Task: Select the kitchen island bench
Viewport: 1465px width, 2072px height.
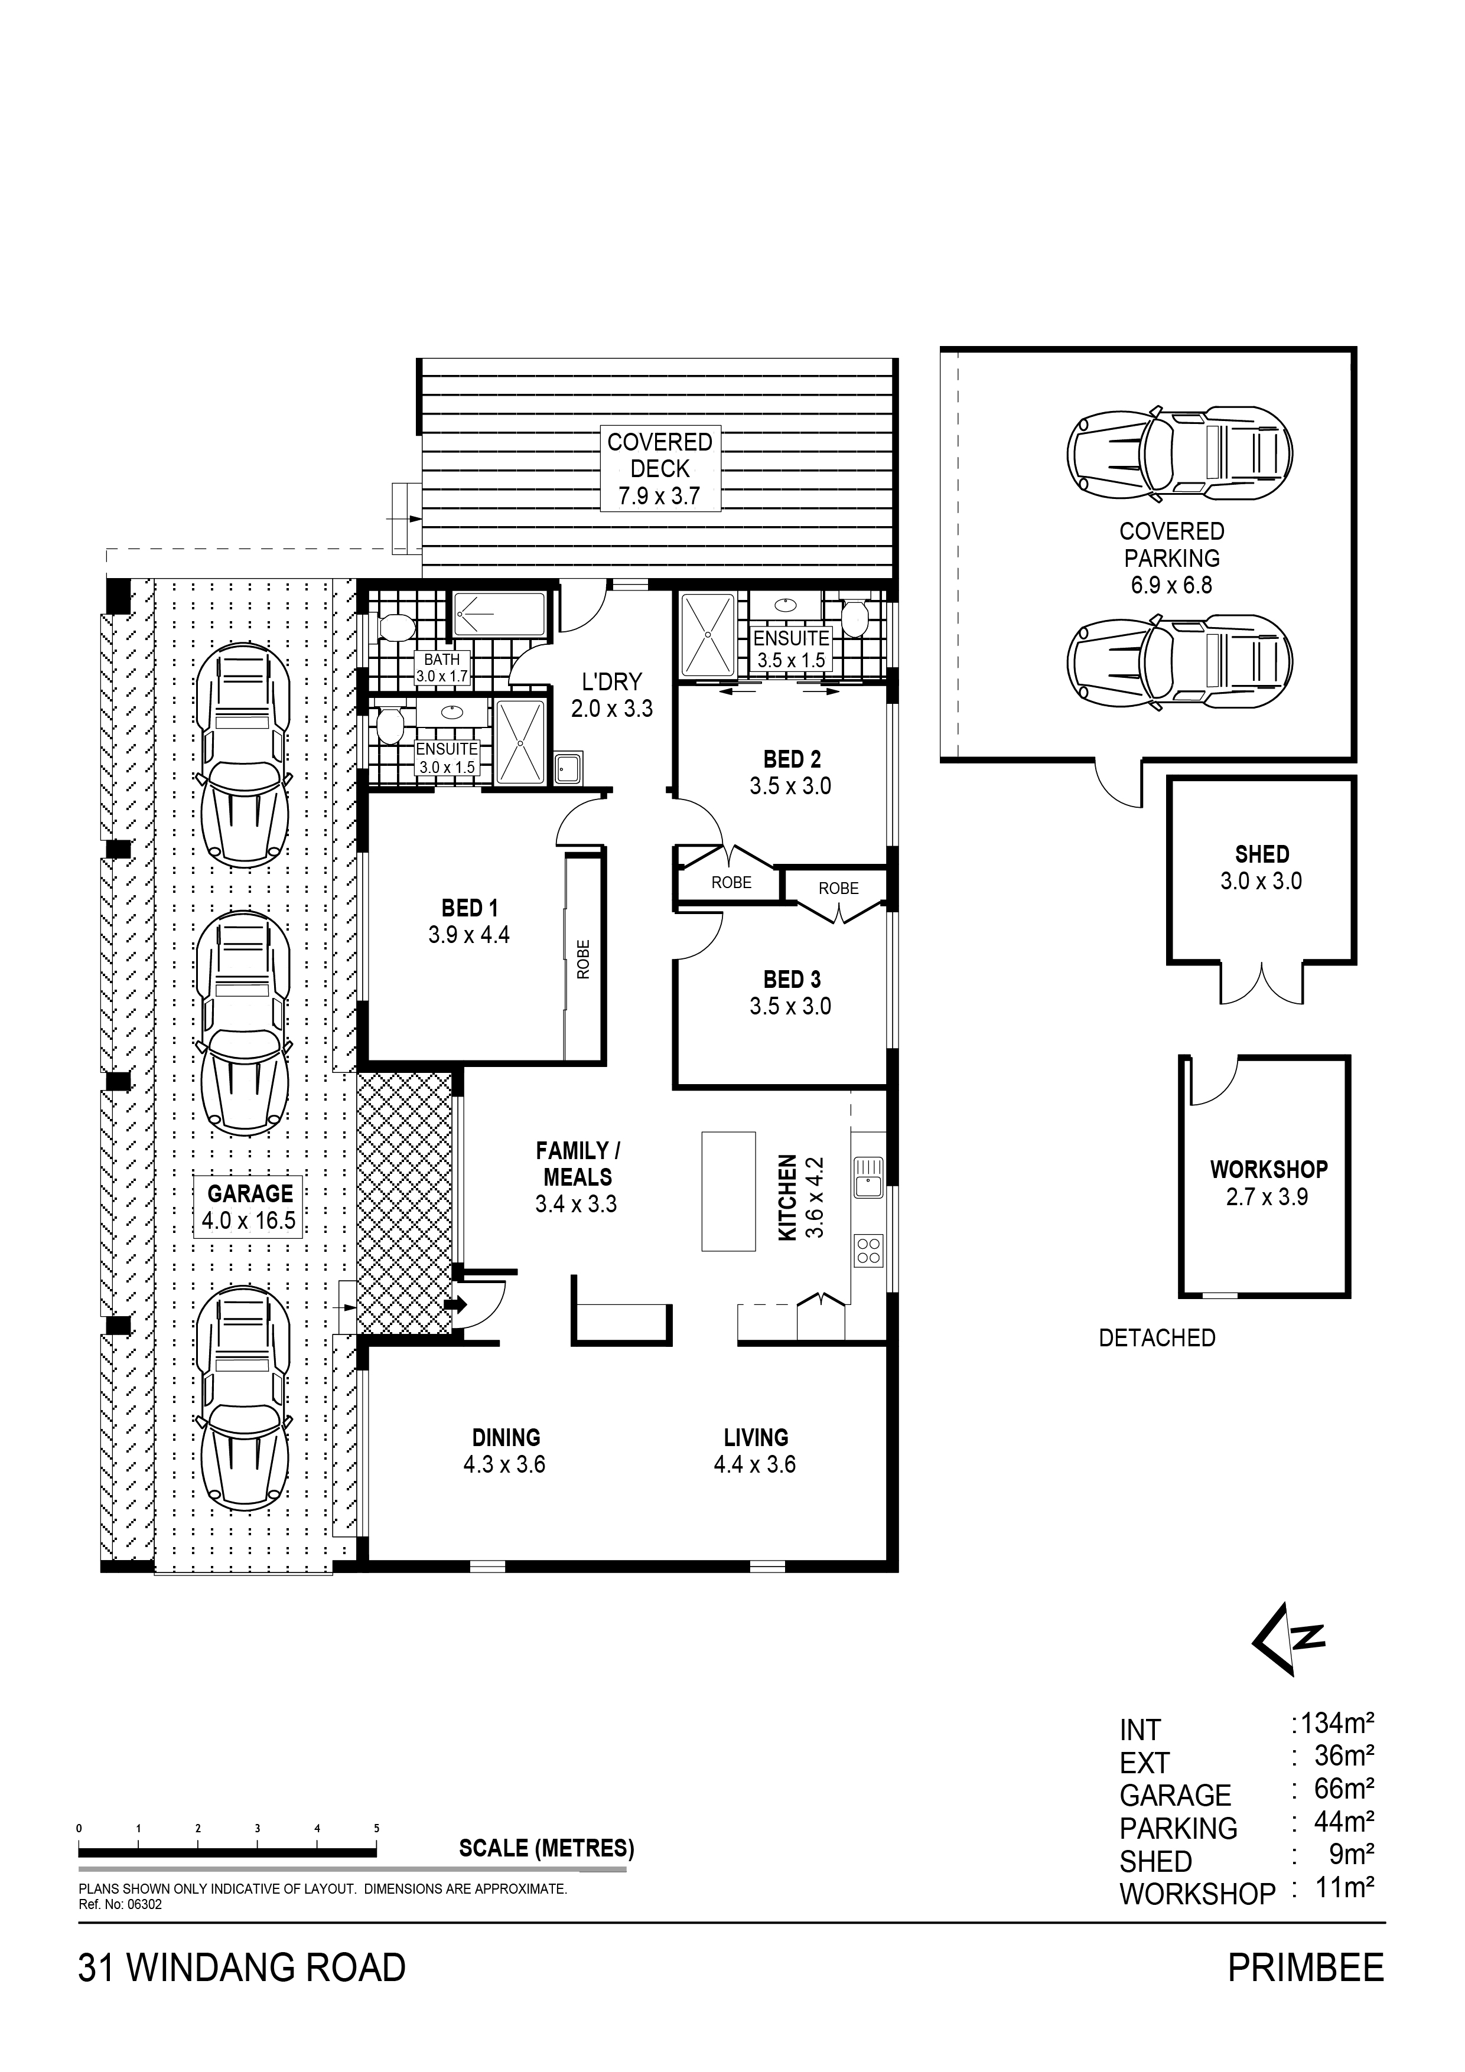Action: pyautogui.click(x=728, y=1191)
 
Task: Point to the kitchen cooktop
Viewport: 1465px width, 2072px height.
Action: pyautogui.click(x=868, y=1250)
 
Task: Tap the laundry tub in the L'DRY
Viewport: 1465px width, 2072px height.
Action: pyautogui.click(x=569, y=769)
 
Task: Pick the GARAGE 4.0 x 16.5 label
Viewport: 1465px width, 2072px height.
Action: pyautogui.click(x=249, y=1208)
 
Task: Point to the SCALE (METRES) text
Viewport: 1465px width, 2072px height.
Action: pyautogui.click(x=546, y=1849)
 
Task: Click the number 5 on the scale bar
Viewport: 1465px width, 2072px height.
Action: pyautogui.click(x=376, y=1828)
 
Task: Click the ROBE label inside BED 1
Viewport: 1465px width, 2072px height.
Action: pyautogui.click(x=583, y=960)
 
